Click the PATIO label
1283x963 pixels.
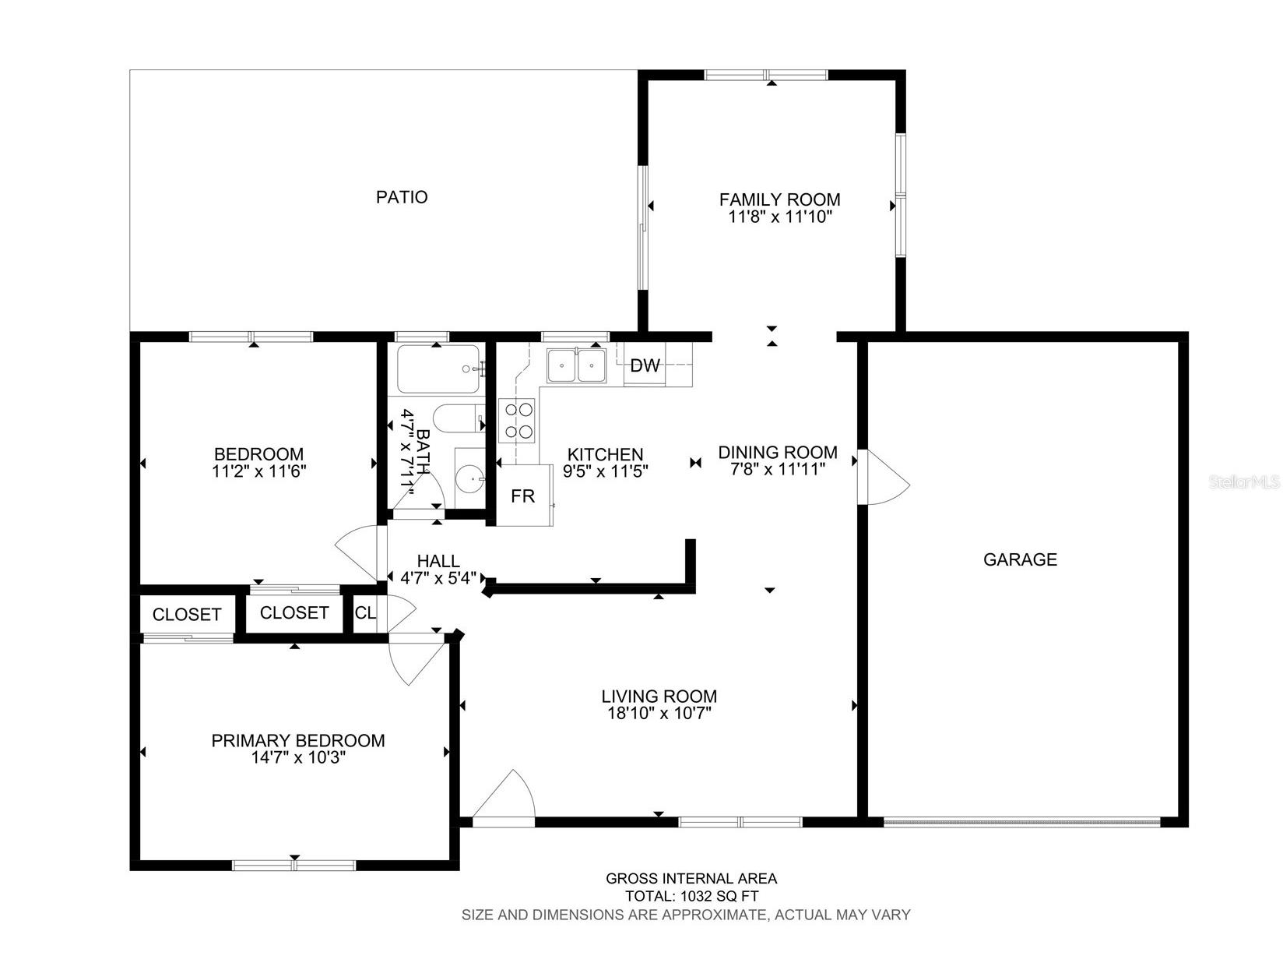click(x=402, y=197)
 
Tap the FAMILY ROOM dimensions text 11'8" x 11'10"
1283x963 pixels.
click(x=780, y=217)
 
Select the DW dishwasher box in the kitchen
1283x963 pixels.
click(x=645, y=366)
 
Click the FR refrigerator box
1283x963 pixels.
click(x=523, y=496)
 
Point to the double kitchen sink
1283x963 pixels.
click(x=577, y=365)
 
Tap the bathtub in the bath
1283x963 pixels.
click(x=438, y=369)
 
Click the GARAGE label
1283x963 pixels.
click(x=1020, y=559)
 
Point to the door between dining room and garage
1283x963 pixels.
click(x=884, y=478)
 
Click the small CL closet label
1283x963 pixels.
click(x=365, y=613)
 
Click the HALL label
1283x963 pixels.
click(x=438, y=561)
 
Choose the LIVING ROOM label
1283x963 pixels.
click(x=659, y=697)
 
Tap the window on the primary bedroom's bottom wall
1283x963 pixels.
click(x=294, y=865)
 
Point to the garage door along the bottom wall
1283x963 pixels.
click(x=1021, y=821)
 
